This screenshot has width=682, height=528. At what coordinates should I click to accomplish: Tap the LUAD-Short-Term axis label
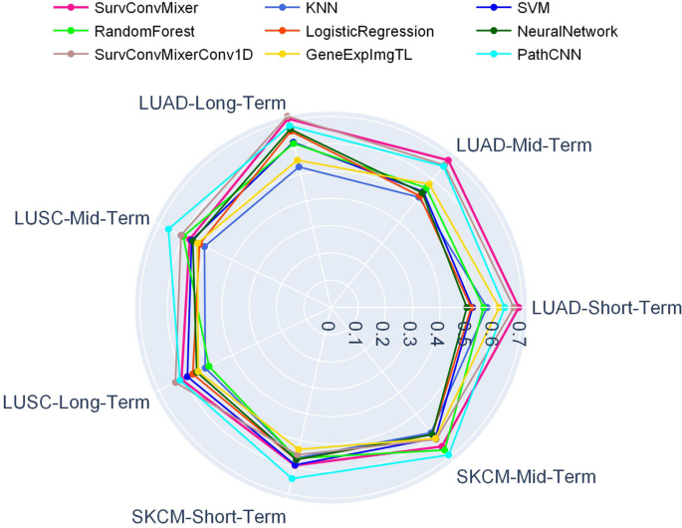607,308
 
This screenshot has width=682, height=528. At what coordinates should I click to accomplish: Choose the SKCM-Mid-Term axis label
527,476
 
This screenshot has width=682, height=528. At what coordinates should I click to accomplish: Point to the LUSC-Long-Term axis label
77,401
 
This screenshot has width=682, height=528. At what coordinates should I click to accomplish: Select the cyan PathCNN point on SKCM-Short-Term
292,478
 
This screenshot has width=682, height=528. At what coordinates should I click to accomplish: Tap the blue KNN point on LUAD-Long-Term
301,167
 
